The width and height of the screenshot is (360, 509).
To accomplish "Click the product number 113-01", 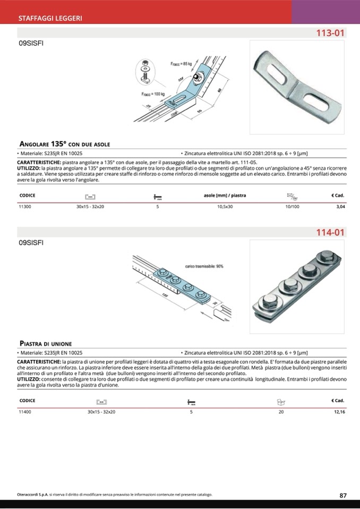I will coord(330,33).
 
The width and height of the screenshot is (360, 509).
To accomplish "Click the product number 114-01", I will coord(330,232).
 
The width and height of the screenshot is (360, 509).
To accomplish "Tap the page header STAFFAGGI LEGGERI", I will coord(50,18).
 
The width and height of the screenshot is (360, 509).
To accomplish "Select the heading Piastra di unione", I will coord(46,343).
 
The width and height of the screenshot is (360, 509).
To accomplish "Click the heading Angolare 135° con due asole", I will coord(65,144).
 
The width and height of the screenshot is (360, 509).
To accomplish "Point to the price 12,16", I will coord(339,411).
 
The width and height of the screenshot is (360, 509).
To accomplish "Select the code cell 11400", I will coord(25,411).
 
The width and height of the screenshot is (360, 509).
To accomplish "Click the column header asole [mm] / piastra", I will coord(225,195).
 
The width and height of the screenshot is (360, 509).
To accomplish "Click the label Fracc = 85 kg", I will coord(181,64).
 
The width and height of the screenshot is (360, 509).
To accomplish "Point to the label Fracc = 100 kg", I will coord(153,94).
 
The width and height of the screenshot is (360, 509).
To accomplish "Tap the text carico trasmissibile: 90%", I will coord(204,266).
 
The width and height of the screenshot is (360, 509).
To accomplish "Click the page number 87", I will coord(343,495).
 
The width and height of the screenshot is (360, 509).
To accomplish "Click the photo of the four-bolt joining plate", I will coord(296,287).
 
